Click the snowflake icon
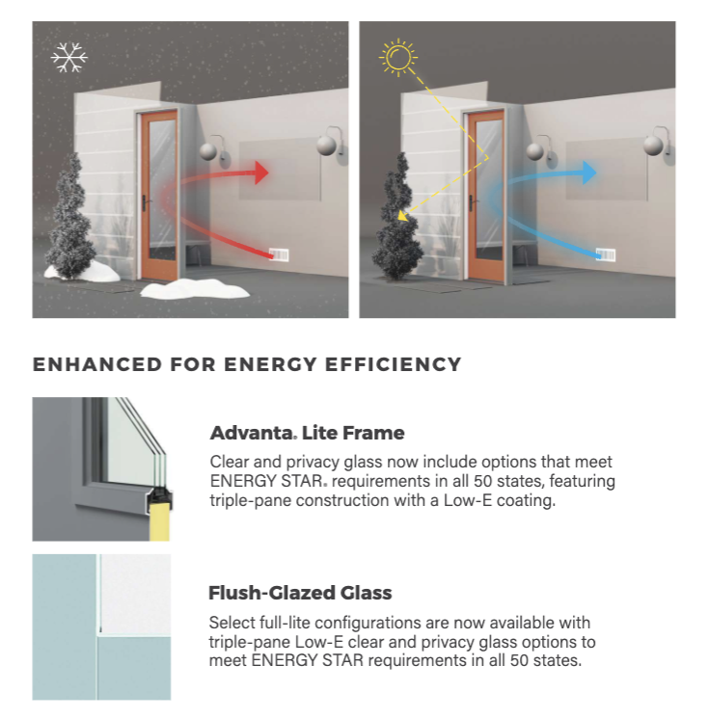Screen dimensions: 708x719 [69, 57]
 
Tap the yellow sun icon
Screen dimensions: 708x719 [397, 57]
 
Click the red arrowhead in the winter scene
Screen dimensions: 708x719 [260, 173]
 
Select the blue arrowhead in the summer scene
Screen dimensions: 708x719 [588, 173]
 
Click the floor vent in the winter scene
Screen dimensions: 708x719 [279, 254]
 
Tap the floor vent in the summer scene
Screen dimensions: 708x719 [605, 254]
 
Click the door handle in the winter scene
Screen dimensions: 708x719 [145, 202]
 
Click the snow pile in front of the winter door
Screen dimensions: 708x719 [195, 289]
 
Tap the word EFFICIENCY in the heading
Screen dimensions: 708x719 [393, 364]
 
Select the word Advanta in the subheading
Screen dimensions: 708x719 [252, 433]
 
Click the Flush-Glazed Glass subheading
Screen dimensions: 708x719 [300, 593]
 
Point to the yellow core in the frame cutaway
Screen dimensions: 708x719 [160, 520]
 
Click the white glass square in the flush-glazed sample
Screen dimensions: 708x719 [136, 594]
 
